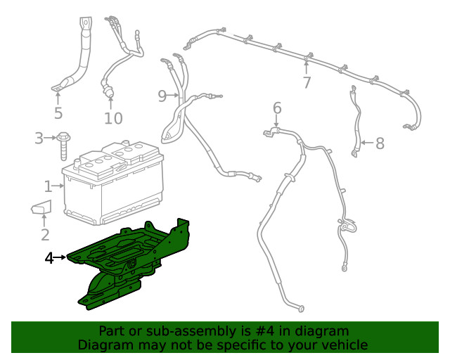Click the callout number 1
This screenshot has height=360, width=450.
click(48, 186)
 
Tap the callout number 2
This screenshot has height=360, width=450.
click(45, 236)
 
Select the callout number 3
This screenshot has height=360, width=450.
click(39, 139)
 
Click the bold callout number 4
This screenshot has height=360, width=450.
click(49, 259)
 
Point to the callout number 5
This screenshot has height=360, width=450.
click(58, 113)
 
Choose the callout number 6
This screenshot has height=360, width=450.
click(277, 108)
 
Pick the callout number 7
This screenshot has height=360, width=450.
click(307, 83)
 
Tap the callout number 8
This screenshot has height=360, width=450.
click(380, 144)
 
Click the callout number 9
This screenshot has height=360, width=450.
click(162, 96)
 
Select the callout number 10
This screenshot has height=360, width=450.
click(113, 118)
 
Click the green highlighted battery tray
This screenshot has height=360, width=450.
click(134, 260)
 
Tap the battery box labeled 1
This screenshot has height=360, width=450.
click(112, 186)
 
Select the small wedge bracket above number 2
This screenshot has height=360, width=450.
click(42, 208)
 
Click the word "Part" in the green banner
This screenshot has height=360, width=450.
click(112, 331)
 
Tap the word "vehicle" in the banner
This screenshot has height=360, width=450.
click(345, 345)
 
